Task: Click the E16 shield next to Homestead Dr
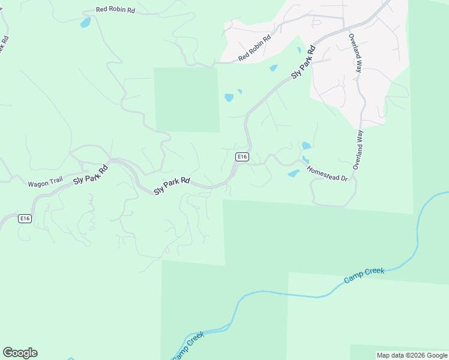coord(242,157)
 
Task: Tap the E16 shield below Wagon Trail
coord(25,218)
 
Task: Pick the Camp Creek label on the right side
coord(364,275)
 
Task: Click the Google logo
coord(20,353)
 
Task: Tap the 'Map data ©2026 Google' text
coord(412,355)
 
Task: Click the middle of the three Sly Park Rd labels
coord(172,185)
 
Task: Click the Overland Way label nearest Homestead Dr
coord(358,149)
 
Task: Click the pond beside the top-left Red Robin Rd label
coord(85,23)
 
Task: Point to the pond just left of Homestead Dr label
coord(294,173)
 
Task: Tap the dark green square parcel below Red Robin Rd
coord(187,99)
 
